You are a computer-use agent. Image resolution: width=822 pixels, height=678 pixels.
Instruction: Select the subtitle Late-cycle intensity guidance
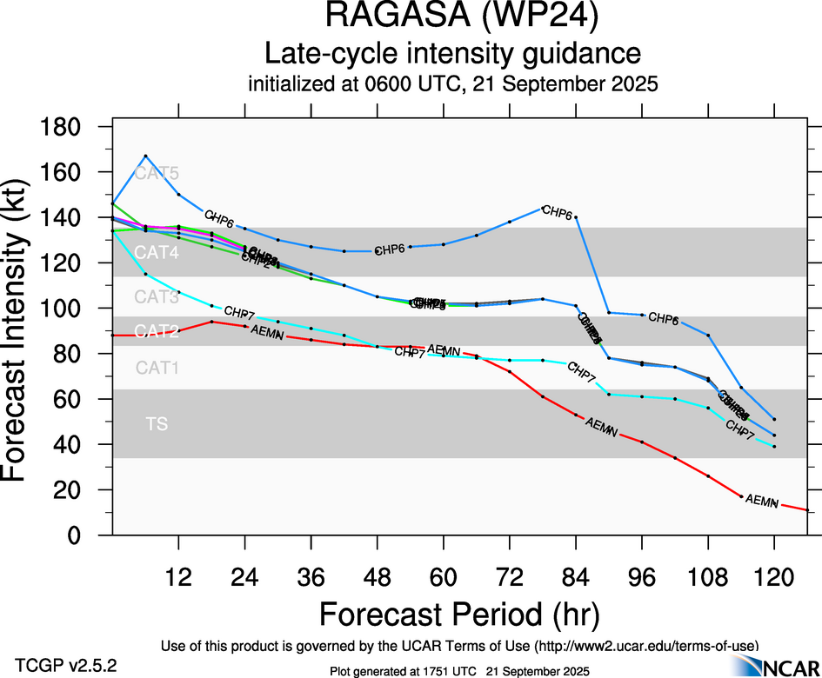[452, 54]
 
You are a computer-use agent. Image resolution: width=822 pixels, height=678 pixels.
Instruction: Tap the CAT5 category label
[157, 172]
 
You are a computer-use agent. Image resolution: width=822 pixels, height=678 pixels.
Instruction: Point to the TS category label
[157, 424]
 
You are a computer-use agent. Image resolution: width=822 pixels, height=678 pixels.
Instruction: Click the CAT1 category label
[157, 368]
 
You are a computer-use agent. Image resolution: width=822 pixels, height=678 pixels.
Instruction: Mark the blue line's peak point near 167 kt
[145, 156]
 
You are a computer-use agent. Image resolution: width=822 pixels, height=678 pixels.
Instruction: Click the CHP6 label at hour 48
[389, 249]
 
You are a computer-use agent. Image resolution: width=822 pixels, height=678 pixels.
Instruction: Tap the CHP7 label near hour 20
[239, 311]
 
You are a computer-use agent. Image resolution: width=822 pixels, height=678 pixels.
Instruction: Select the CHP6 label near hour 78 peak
[557, 211]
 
